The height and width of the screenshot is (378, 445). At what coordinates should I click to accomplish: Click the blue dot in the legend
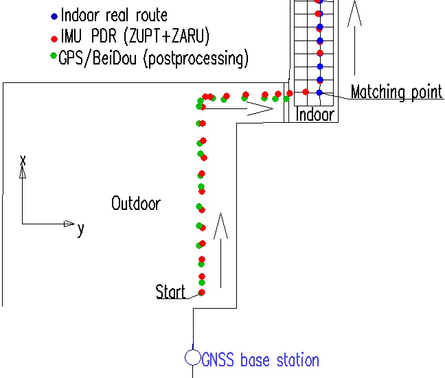tap(54, 14)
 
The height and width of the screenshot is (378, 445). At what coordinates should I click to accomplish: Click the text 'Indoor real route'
tap(114, 15)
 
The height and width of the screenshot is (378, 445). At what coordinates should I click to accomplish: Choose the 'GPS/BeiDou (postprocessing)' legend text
tap(154, 58)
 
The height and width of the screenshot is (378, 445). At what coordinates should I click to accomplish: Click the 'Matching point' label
tap(396, 92)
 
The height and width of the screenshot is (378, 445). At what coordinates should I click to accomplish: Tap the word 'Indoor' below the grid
tap(315, 115)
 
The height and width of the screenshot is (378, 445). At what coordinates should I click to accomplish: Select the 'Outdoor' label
tap(136, 204)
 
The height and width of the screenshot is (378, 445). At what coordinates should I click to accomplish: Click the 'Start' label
tap(170, 292)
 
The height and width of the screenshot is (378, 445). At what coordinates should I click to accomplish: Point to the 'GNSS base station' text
tap(261, 359)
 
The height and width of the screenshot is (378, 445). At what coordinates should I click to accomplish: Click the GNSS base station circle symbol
tap(193, 357)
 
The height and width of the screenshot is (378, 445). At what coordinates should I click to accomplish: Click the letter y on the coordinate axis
tap(80, 229)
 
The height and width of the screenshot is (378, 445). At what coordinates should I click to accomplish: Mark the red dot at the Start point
tap(202, 292)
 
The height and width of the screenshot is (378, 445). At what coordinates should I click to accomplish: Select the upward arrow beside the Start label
tap(221, 250)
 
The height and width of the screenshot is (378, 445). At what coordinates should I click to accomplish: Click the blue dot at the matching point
tap(319, 92)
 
